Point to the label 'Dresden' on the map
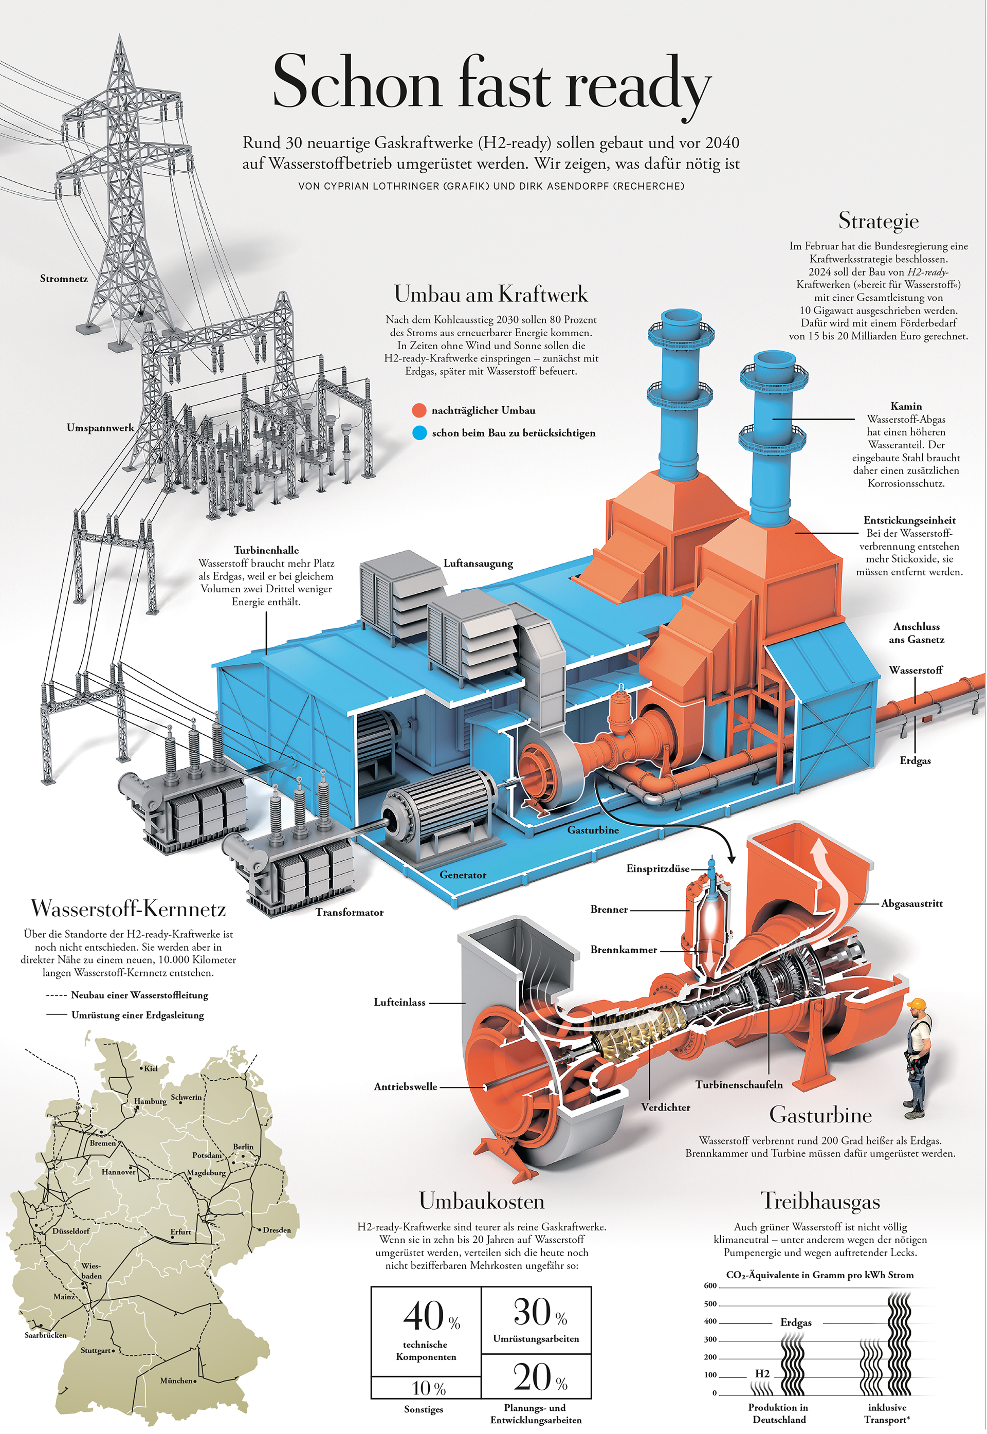tap(277, 1230)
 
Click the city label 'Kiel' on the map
tap(150, 1068)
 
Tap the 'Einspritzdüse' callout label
tap(657, 869)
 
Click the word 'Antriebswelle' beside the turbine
tap(405, 1086)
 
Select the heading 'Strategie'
tap(878, 220)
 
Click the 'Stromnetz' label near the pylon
tap(64, 279)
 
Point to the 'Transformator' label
tap(350, 912)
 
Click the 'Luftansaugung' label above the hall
tap(478, 564)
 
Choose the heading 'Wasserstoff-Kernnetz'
tap(128, 909)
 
